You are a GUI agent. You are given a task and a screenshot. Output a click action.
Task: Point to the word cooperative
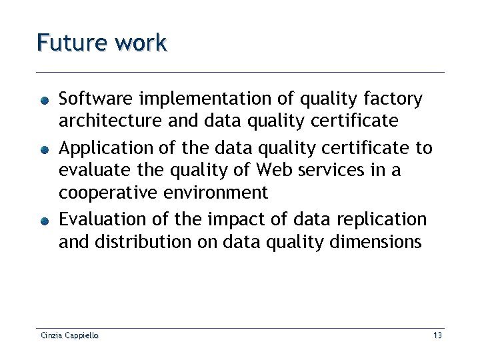click(x=107, y=194)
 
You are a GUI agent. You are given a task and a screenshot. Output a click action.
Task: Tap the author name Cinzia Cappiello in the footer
click(x=69, y=335)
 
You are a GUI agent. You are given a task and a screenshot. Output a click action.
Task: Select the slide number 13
click(x=437, y=335)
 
